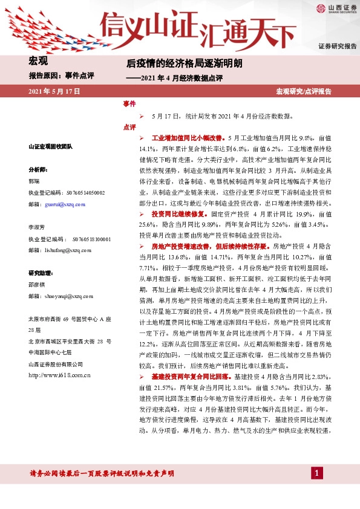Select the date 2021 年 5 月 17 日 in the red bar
[54, 91]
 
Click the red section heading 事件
[129, 104]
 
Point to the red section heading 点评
[129, 127]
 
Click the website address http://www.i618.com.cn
[59, 375]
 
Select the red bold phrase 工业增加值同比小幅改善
[189, 138]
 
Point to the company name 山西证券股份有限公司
[56, 364]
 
